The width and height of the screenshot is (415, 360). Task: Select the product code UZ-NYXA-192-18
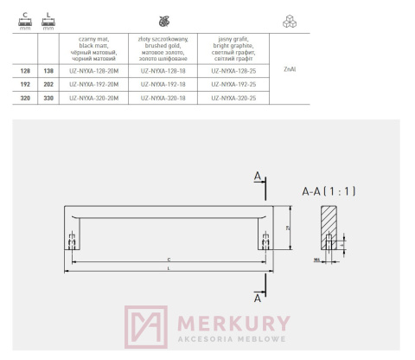pos(163,85)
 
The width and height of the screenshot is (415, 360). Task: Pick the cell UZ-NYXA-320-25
pos(233,100)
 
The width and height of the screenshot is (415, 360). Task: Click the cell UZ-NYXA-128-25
pos(233,71)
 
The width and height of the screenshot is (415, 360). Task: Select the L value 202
pos(48,85)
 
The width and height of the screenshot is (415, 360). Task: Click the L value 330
pos(48,100)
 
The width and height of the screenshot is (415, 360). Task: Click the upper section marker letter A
pos(258,177)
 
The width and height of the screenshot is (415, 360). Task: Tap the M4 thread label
pos(316,257)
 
